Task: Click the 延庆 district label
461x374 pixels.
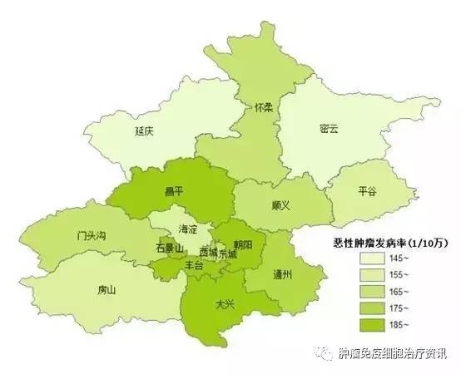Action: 145,130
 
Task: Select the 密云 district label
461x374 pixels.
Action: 329,129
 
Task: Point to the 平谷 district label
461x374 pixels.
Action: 367,190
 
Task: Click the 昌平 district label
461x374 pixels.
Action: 175,191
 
